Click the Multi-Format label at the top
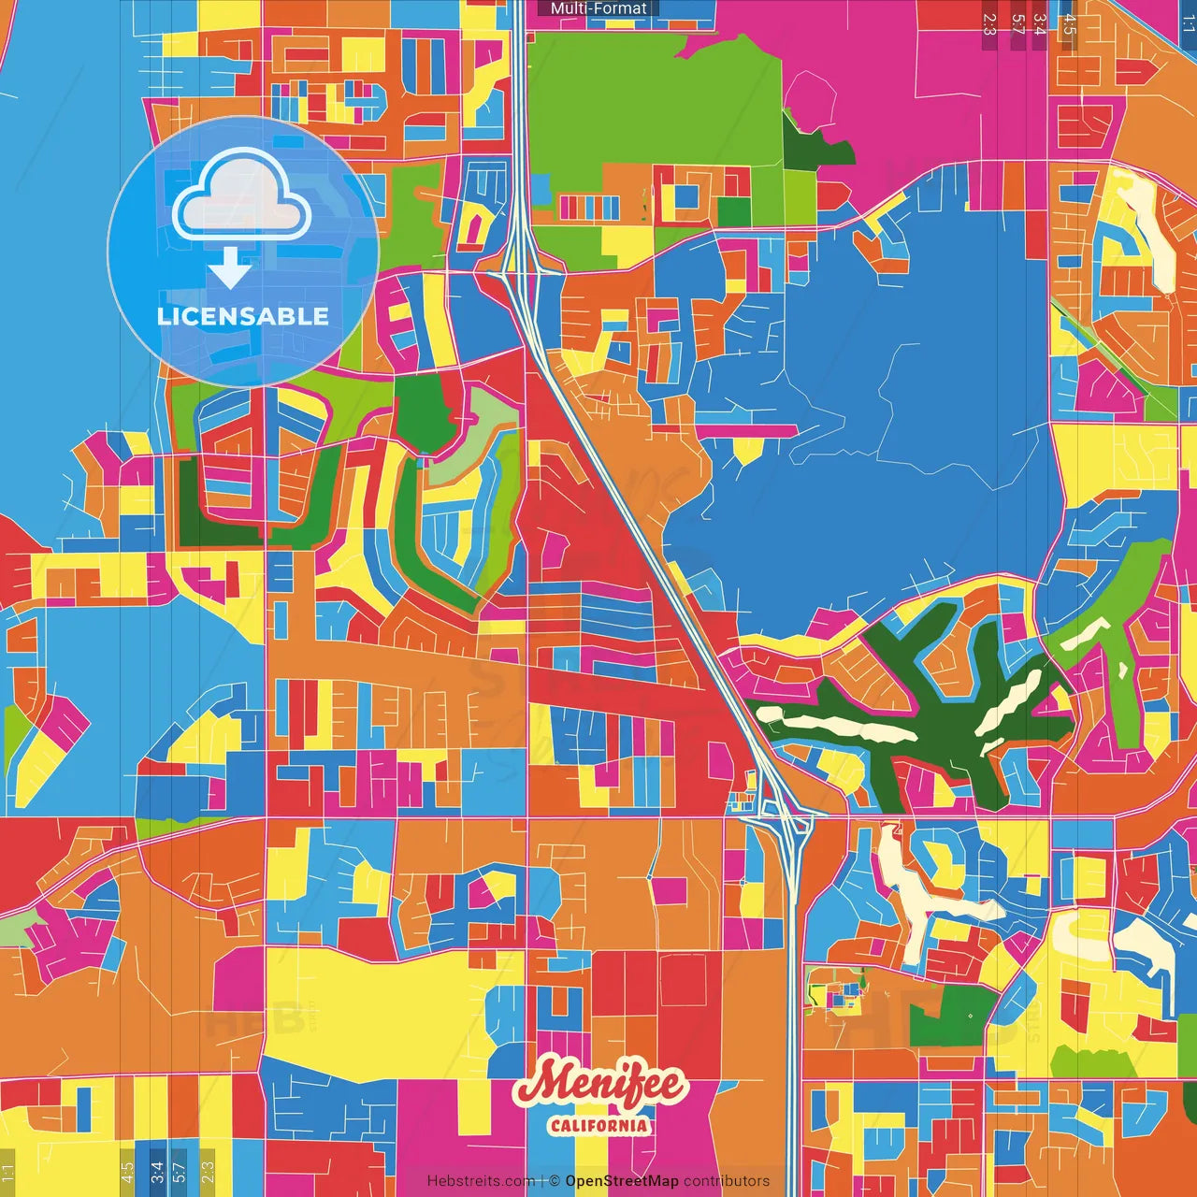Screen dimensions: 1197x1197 [598, 8]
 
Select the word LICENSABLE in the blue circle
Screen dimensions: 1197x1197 [243, 316]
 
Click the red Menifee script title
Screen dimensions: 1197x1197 [599, 1086]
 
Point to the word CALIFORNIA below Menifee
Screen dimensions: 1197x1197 [598, 1125]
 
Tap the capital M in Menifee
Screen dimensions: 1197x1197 [544, 1085]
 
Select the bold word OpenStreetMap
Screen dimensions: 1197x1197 [622, 1181]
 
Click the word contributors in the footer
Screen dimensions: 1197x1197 [727, 1181]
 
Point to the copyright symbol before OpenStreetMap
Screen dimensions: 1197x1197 [555, 1181]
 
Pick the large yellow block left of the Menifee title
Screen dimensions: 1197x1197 [374, 1010]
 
